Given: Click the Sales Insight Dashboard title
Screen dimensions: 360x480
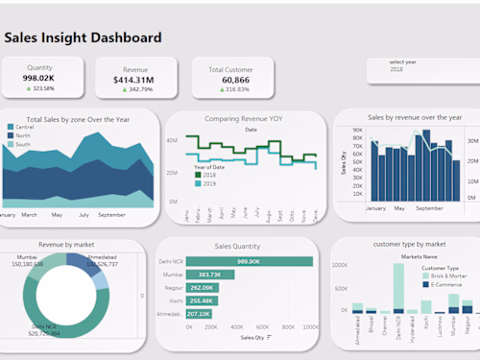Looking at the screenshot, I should [83, 37].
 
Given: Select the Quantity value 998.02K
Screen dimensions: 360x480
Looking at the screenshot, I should [39, 78].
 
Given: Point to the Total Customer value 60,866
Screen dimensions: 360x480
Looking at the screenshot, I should [229, 79].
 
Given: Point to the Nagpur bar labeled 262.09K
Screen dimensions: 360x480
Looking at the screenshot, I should [203, 287].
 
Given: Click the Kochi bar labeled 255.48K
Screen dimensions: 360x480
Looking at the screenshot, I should [202, 300].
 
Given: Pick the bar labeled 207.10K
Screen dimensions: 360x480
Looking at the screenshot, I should [199, 313].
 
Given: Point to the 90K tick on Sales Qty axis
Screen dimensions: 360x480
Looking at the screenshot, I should [356, 130].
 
